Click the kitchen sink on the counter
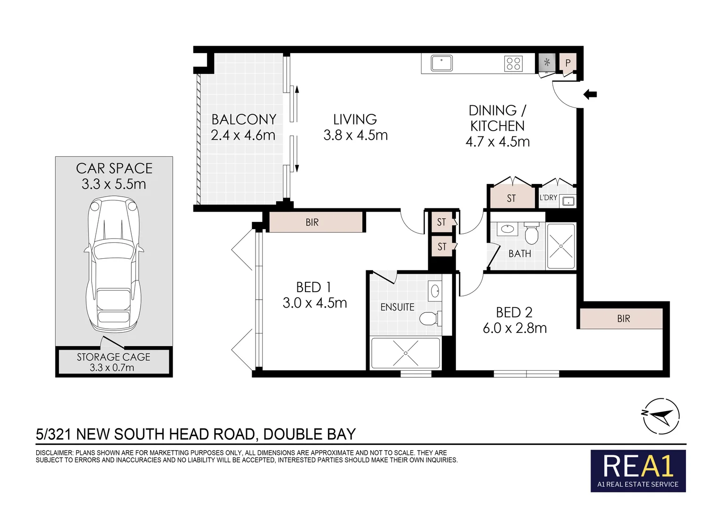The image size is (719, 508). point(441,63)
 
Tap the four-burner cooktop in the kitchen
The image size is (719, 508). point(513,63)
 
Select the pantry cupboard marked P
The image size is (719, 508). point(568,63)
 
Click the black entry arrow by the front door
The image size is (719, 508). point(590,95)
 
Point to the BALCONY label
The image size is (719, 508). point(244,119)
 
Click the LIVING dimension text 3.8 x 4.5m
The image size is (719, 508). point(355,135)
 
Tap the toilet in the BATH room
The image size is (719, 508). point(531,234)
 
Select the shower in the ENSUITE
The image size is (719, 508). point(406,353)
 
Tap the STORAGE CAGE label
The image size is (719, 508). point(113,357)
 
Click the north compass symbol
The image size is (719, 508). point(661,416)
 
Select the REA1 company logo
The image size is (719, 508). point(638,471)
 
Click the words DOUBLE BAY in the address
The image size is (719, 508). point(309,434)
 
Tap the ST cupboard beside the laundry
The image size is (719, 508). point(512,198)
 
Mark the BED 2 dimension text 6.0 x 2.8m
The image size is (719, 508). point(515,328)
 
